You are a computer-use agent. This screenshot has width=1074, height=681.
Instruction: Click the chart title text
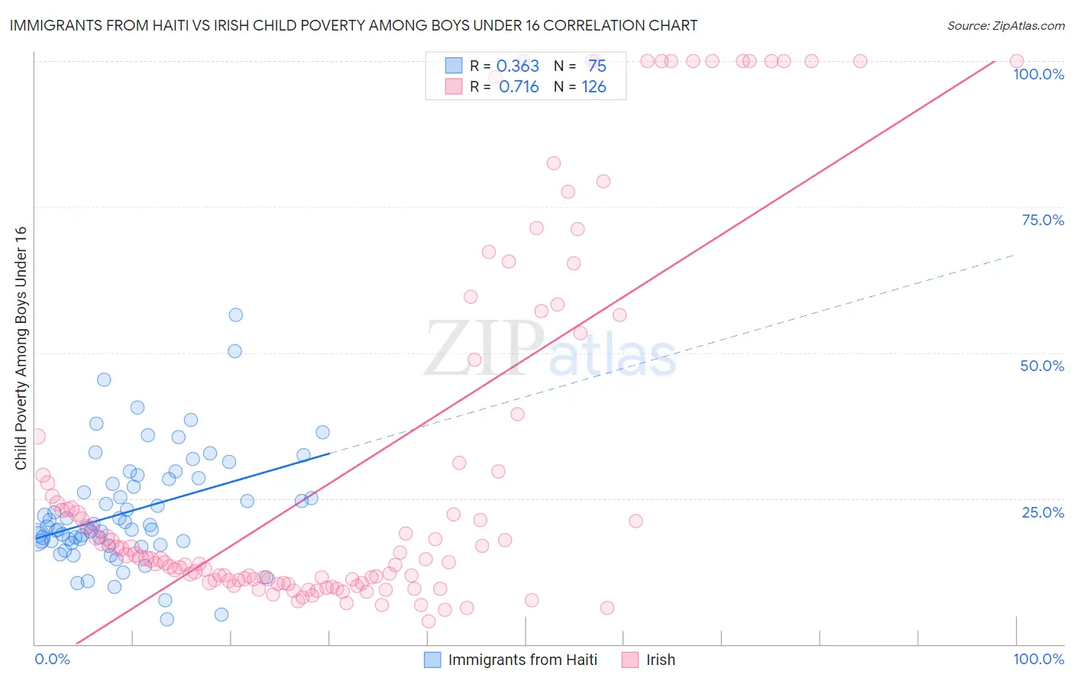pos(353,25)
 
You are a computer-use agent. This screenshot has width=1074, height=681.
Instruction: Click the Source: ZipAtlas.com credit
pos(1005,25)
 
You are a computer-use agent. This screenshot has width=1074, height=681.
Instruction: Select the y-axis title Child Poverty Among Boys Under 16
pos(21,348)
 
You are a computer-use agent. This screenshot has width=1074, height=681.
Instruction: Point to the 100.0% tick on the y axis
pos(1038,74)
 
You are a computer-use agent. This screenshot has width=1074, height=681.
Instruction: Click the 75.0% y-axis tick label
pos(1043,220)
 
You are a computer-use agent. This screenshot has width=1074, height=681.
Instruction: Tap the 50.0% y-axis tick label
pos(1042,366)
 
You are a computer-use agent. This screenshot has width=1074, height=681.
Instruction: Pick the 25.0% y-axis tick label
pos(1043,512)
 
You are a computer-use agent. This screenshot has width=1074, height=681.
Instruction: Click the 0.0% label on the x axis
pos(52,659)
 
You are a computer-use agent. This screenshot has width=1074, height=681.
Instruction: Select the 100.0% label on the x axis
pos(1038,659)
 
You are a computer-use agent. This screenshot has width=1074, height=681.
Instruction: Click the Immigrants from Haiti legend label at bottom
pos(522,660)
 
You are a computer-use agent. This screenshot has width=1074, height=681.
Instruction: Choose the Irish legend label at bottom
pos(661,660)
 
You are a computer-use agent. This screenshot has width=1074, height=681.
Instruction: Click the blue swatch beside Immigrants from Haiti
pos(432,660)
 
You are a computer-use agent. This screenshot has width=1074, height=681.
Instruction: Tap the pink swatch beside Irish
pos(630,660)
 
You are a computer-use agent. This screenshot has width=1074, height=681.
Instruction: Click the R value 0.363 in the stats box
pos(518,66)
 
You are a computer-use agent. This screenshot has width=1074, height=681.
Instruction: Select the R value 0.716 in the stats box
pos(519,87)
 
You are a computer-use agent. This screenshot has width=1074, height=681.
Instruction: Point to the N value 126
pos(594,87)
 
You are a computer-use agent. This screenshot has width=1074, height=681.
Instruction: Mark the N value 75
pos(597,66)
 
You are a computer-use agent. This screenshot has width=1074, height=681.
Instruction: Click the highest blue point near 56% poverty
pos(236,315)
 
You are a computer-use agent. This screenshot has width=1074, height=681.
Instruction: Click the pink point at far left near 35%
pos(37,437)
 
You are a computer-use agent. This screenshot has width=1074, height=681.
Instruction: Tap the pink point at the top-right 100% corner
pos(1017,61)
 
